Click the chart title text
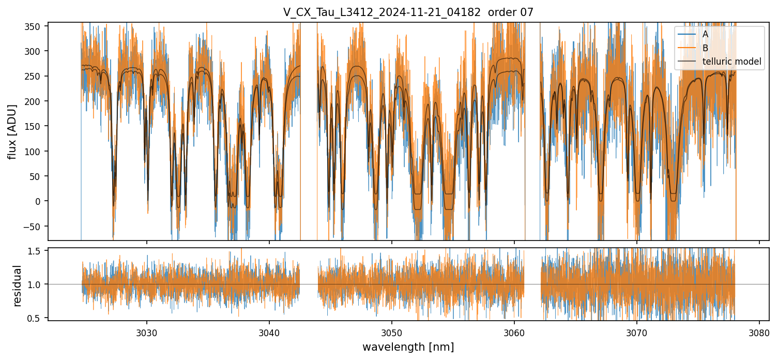point(408,12)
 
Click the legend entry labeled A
point(706,34)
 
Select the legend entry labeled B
point(706,48)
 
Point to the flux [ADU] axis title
point(12,131)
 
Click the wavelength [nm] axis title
point(408,347)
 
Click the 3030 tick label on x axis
point(146,331)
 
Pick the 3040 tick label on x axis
point(269,331)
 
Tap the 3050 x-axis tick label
point(391,331)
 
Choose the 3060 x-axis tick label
point(514,331)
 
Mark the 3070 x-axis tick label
point(636,331)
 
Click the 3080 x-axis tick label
point(759,331)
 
